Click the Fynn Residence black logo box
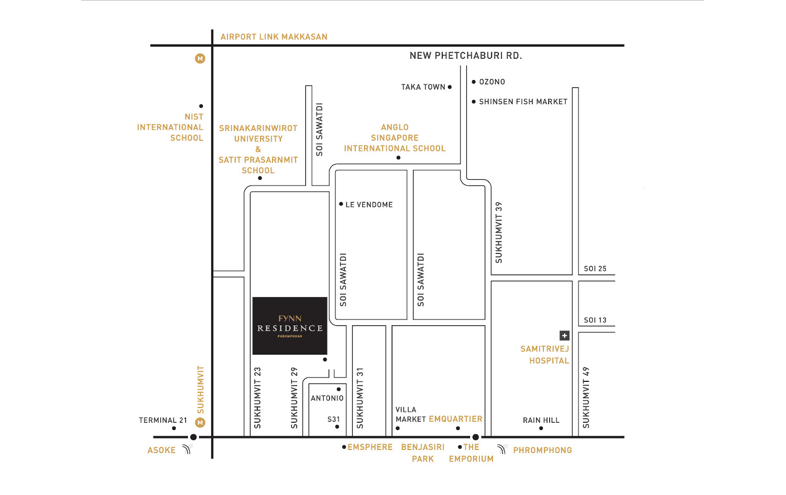[290, 326]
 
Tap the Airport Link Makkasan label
[274, 37]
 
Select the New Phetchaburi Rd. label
[466, 56]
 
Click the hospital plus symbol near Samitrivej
[564, 336]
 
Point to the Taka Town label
[423, 87]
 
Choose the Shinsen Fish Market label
[523, 102]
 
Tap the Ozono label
[492, 82]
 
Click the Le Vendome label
[369, 204]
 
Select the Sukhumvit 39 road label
[499, 232]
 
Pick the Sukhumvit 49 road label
[586, 398]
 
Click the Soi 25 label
[595, 269]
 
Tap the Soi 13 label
[595, 320]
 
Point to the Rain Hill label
[541, 420]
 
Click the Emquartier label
[455, 419]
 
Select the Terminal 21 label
[163, 420]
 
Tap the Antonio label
[327, 398]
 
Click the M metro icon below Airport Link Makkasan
[200, 58]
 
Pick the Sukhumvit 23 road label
[258, 398]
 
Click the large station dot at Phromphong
[475, 437]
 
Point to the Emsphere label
[370, 447]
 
